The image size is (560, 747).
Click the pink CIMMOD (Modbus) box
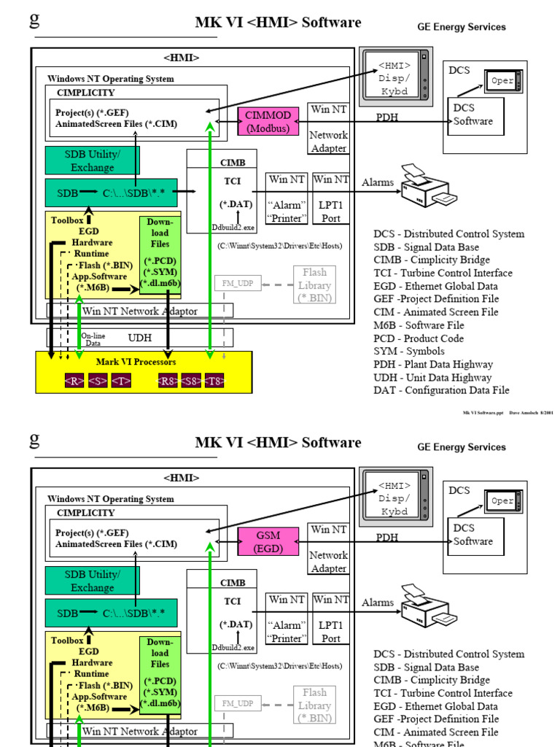(x=268, y=121)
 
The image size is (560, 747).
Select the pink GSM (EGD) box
(x=268, y=541)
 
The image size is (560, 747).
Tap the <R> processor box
(x=74, y=381)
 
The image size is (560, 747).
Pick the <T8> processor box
(x=214, y=381)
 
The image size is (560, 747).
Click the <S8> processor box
(x=191, y=381)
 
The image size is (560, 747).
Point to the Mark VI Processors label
(x=136, y=362)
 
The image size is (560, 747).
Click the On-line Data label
(x=93, y=338)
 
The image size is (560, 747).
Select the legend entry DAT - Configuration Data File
(x=441, y=390)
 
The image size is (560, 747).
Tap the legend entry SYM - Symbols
(x=409, y=352)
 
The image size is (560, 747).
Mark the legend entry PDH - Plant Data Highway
(x=433, y=364)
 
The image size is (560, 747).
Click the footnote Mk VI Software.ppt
(x=483, y=412)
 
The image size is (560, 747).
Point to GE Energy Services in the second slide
(x=461, y=447)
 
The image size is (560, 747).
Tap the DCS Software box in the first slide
(x=472, y=115)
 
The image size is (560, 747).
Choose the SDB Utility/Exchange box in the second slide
(x=92, y=581)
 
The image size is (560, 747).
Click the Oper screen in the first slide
(x=502, y=81)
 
